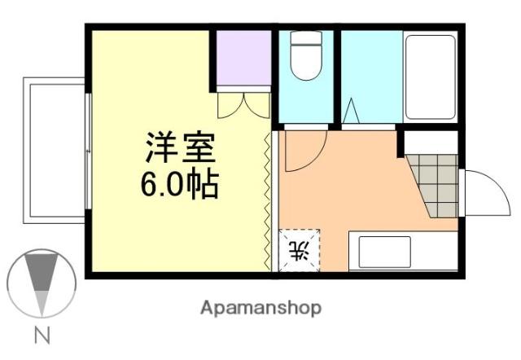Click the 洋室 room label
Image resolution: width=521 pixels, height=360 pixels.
[x=179, y=148]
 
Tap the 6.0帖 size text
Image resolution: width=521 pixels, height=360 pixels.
[x=179, y=186]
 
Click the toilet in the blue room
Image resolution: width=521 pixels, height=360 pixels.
[x=306, y=57]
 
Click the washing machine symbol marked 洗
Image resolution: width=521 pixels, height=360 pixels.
[x=300, y=250]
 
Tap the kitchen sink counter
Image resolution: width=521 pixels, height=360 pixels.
[x=402, y=251]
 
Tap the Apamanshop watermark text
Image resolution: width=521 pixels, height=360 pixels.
[x=260, y=308]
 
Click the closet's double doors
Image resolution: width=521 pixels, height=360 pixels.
[x=243, y=105]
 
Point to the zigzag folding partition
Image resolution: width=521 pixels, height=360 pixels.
[x=269, y=200]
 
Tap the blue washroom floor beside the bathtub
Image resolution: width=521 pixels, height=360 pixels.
[x=370, y=73]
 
